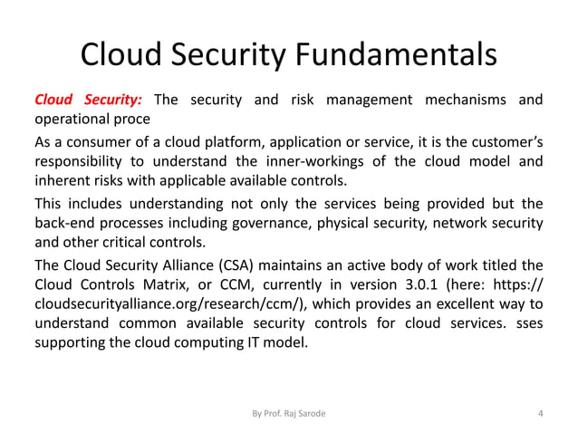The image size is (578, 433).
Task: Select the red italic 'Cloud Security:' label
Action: (x=88, y=99)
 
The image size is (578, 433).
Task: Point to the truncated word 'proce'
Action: (x=131, y=119)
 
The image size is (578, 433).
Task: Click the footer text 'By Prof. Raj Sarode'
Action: (x=289, y=413)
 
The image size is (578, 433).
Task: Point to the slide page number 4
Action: (x=540, y=413)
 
